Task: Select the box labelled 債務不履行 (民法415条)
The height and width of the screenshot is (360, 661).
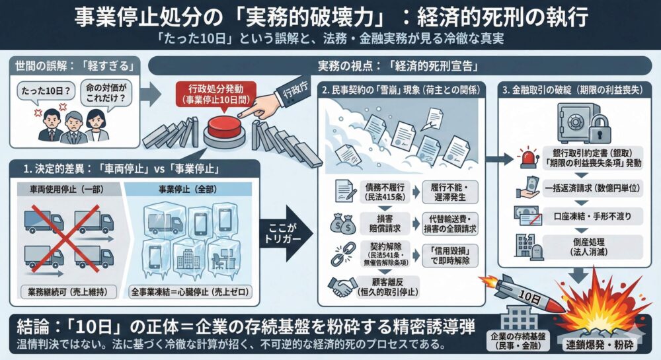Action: pos(384,192)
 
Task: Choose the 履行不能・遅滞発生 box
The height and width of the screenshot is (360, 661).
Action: pos(451,192)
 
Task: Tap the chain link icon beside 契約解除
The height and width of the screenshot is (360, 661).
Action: pos(343,254)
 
